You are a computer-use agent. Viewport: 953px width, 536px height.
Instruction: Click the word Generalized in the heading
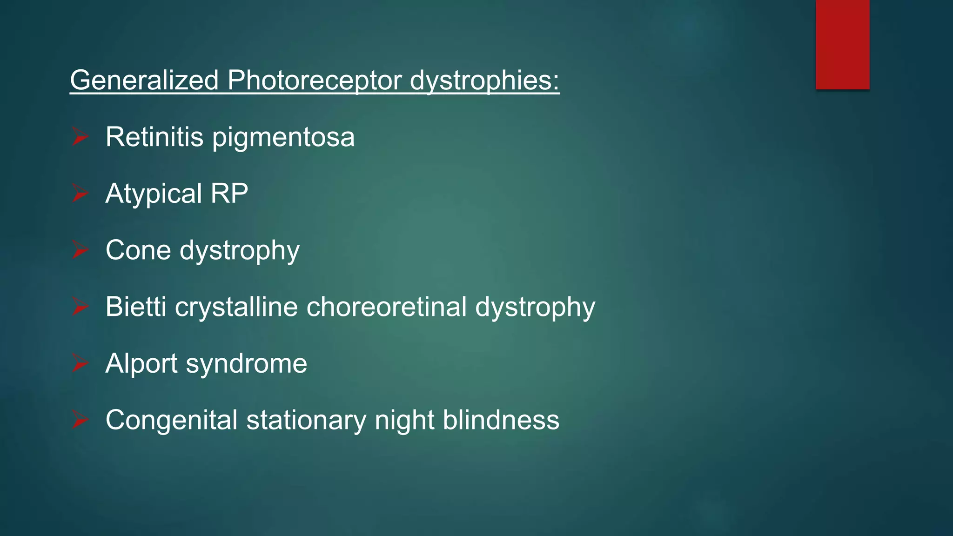144,80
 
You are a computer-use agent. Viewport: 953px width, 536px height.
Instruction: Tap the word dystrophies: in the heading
484,81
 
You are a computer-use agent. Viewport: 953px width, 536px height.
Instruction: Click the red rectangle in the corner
842,44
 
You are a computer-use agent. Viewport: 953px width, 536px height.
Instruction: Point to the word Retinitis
154,137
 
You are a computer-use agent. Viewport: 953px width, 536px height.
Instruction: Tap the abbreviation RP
229,193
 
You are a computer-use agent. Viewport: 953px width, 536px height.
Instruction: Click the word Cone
138,250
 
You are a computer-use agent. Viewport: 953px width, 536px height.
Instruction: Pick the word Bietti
135,307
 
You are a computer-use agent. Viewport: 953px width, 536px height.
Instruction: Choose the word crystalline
236,308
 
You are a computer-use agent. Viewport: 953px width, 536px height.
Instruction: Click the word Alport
141,364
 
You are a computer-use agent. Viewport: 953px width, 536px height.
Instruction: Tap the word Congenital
172,421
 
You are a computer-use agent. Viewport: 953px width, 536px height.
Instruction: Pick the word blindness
501,420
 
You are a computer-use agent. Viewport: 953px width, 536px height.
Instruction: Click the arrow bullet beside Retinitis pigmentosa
80,137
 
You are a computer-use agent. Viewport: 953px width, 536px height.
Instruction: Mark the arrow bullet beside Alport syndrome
80,363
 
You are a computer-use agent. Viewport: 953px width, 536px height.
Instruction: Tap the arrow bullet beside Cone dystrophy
80,250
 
